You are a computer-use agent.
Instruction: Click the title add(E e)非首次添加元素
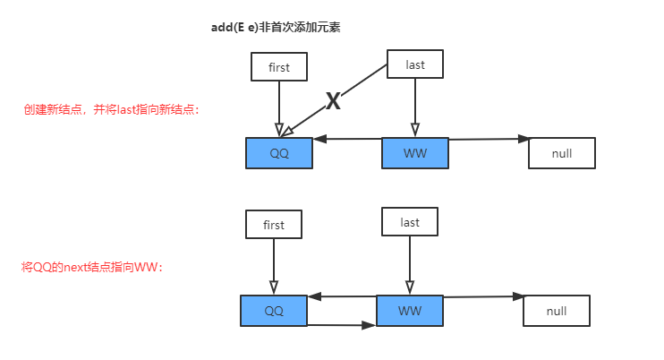[x=275, y=28]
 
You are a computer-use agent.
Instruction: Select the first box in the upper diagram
[x=279, y=66]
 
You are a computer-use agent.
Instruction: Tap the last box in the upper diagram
[x=414, y=64]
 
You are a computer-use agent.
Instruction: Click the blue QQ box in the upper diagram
[x=279, y=153]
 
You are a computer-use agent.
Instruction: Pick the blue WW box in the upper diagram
[x=414, y=153]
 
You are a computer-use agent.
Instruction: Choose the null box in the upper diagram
[x=561, y=153]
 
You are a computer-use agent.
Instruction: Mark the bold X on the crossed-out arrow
[x=333, y=102]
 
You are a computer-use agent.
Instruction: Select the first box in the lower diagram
[x=274, y=225]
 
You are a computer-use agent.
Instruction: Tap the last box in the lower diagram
[x=410, y=222]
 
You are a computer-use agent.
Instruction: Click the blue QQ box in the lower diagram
[x=273, y=311]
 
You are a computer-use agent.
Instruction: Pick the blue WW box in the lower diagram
[x=409, y=311]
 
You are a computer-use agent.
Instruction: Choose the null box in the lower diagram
[x=556, y=311]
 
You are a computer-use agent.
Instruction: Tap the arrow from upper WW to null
[x=488, y=140]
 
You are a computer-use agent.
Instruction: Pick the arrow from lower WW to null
[x=483, y=297]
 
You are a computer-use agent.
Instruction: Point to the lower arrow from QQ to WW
[x=341, y=325]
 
